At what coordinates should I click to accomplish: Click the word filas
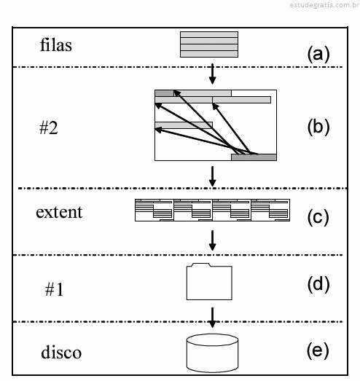(56, 45)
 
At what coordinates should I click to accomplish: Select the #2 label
(49, 127)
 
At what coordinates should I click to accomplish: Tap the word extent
(59, 212)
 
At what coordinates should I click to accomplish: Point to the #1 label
(54, 289)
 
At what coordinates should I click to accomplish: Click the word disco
(61, 352)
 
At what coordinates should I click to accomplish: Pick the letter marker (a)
(318, 54)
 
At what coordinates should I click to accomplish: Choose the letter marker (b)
(318, 127)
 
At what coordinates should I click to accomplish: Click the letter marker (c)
(318, 217)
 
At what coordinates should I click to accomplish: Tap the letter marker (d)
(318, 284)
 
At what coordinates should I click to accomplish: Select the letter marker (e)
(318, 350)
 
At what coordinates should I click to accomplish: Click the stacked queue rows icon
(209, 44)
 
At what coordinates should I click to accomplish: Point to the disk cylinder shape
(212, 353)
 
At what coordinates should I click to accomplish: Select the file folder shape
(209, 281)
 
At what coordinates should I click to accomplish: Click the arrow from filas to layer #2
(213, 74)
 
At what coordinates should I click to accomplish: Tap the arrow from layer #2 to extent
(213, 176)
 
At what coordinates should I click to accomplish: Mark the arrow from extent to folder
(213, 240)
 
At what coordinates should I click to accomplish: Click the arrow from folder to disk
(213, 318)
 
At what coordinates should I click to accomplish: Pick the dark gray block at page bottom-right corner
(254, 157)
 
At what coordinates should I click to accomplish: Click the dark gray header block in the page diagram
(164, 93)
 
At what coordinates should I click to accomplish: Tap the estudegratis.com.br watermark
(324, 5)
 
